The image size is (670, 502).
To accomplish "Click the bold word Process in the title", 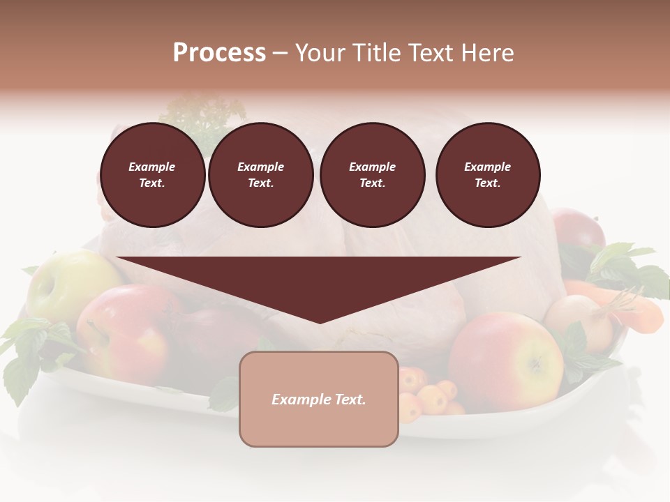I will coord(219,53).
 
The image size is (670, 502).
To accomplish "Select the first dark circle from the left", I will coord(153,175).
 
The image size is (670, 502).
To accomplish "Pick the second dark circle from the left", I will coord(261,175).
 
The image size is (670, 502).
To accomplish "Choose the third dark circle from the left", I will coord(373,175).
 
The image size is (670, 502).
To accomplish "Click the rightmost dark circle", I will coord(488,175).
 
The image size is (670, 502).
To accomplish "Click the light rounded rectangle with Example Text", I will coord(319,399).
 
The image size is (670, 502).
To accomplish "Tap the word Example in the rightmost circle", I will coord(488,167).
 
